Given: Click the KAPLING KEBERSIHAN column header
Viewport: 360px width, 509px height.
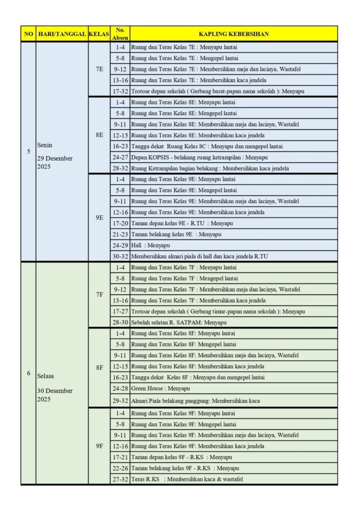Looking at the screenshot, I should [x=234, y=34].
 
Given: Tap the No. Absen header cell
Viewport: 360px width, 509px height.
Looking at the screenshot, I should [x=119, y=34].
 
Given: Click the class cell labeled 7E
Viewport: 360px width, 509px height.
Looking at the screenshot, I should [x=99, y=70].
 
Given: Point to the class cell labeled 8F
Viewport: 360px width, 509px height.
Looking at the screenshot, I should [x=99, y=367].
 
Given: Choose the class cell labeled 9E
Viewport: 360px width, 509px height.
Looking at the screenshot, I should [x=99, y=217].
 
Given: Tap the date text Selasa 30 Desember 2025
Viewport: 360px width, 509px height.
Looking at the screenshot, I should [x=55, y=390].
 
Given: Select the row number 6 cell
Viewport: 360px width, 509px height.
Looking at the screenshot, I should [x=28, y=373].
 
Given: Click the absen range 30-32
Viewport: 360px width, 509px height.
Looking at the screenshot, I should [x=119, y=256].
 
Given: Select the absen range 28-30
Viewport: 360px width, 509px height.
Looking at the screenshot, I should [x=119, y=322].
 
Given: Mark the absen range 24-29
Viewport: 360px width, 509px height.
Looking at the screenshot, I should [x=119, y=246].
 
